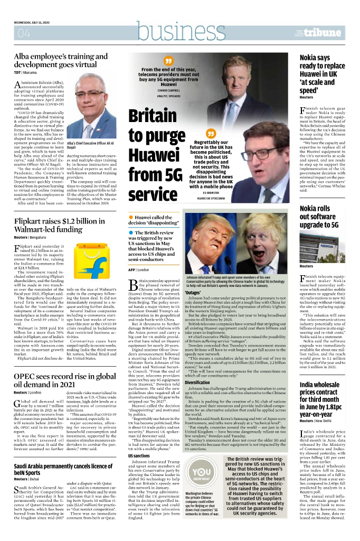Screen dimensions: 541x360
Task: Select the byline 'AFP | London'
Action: point(138,269)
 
